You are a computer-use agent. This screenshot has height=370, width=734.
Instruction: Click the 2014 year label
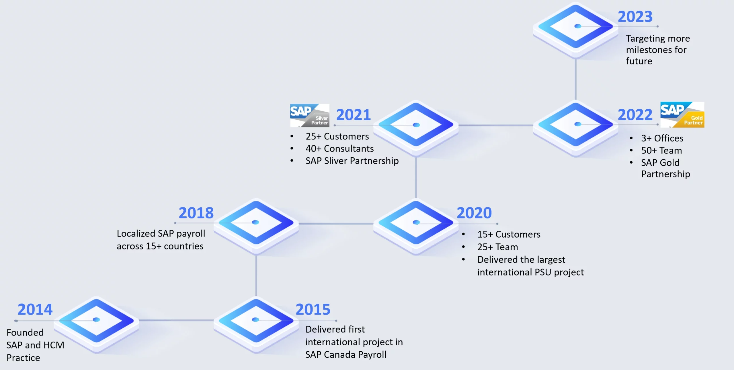[x=35, y=309]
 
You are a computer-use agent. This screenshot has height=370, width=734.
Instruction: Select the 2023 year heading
[x=635, y=17]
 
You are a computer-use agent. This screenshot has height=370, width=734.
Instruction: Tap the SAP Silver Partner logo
[x=309, y=115]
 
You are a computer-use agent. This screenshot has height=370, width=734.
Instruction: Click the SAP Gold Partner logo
[x=682, y=115]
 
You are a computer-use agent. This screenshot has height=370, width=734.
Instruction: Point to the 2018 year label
[x=196, y=213]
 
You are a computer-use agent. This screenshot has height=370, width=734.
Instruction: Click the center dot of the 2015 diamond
[x=255, y=319]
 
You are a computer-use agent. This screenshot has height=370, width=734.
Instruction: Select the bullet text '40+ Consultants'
[x=339, y=149]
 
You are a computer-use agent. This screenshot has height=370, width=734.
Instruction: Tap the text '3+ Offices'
[x=662, y=138]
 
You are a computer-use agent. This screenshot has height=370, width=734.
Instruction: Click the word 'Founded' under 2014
[x=25, y=332]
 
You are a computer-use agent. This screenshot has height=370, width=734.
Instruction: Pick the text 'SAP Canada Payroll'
[x=346, y=355]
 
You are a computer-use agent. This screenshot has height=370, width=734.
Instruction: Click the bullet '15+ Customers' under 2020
[x=509, y=235]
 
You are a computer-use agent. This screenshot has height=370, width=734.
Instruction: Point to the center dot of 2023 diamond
[x=578, y=26]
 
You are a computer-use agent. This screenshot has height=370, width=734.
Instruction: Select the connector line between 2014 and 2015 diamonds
[x=176, y=320]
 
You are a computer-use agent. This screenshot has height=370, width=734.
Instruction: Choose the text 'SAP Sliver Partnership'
[x=352, y=161]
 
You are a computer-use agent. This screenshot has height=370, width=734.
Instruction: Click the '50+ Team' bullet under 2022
[x=661, y=150]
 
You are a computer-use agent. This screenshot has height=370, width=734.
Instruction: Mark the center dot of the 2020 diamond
[x=416, y=222]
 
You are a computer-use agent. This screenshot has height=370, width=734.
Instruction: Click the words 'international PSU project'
[x=530, y=272]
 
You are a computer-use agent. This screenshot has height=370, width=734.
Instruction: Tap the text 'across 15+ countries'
[x=160, y=246]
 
